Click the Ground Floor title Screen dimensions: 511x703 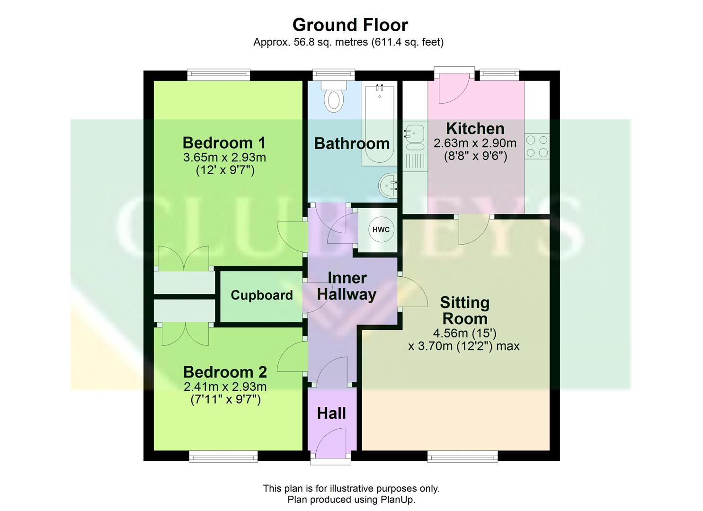[350, 25]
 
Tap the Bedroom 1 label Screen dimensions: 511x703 [224, 142]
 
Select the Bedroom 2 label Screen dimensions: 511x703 [225, 372]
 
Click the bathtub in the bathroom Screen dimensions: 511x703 [379, 125]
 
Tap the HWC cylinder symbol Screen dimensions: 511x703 [381, 230]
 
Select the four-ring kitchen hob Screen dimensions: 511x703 [537, 146]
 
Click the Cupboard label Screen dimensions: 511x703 [262, 295]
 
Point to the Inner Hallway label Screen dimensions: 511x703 [347, 286]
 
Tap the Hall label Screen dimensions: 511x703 [331, 414]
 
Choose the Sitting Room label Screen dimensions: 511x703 [464, 310]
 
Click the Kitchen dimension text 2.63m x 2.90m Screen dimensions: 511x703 [475, 143]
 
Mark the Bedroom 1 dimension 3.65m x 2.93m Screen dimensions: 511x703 [224, 157]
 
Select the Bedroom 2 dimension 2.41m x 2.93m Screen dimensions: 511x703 [225, 387]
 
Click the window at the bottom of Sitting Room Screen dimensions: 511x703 [463, 456]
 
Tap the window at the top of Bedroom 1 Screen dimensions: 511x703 [218, 74]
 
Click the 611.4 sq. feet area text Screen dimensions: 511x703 [408, 42]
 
